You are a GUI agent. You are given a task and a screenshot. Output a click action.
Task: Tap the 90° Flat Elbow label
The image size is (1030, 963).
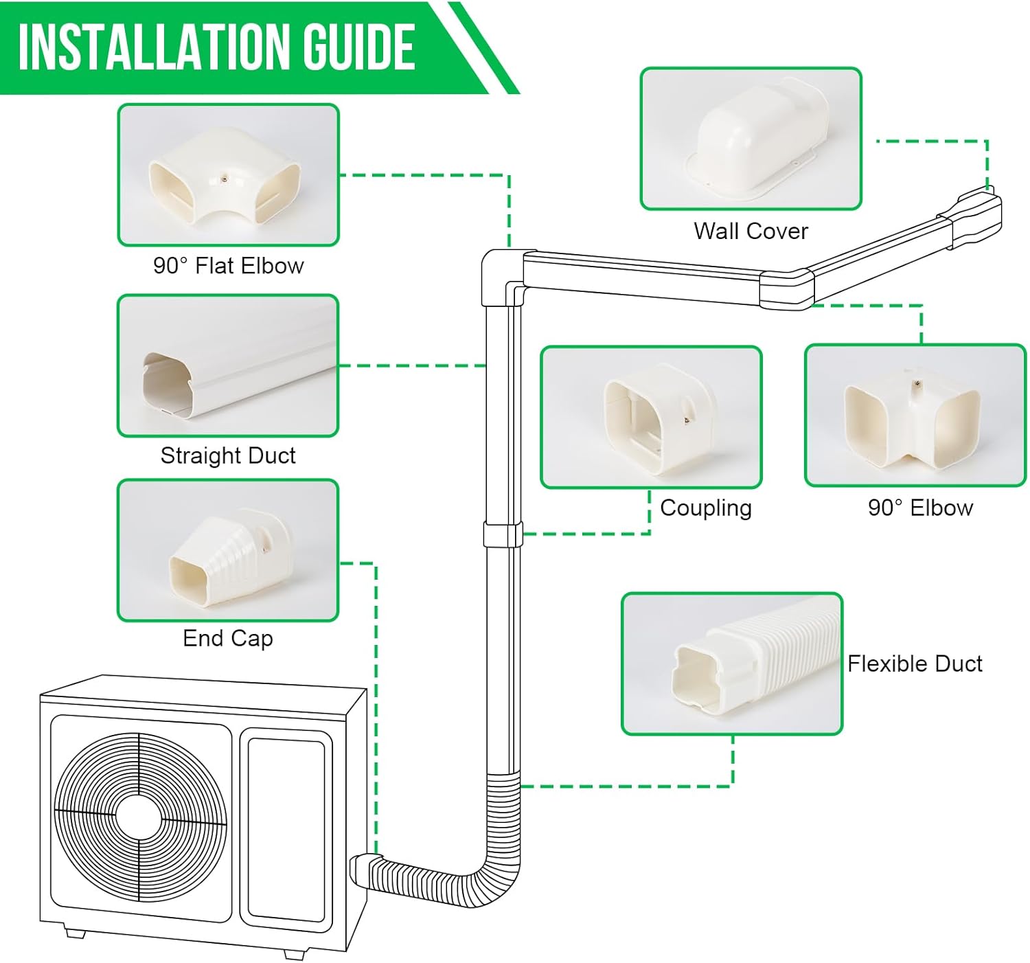click(228, 266)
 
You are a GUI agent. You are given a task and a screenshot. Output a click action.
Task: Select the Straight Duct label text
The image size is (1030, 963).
click(228, 455)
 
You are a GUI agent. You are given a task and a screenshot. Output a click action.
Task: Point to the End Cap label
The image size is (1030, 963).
click(228, 638)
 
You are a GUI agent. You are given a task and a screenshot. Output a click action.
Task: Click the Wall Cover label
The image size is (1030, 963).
click(751, 231)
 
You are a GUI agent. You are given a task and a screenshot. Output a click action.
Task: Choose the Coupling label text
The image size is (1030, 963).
click(706, 508)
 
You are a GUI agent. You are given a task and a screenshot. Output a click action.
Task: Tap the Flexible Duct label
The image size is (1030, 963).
click(915, 664)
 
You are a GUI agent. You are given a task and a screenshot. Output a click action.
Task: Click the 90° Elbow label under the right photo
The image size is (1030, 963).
click(920, 508)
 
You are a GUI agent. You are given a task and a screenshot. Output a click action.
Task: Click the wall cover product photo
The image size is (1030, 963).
click(751, 139)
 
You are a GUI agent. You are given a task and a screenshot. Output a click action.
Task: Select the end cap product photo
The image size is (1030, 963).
click(228, 550)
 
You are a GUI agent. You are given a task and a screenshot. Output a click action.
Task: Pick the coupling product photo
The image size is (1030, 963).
click(651, 417)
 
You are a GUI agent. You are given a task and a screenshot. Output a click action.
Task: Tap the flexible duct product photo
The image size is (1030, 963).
click(732, 664)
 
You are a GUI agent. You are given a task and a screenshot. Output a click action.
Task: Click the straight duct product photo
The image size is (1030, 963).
click(228, 365)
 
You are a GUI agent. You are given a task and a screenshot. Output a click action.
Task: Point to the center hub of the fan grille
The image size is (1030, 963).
click(139, 816)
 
